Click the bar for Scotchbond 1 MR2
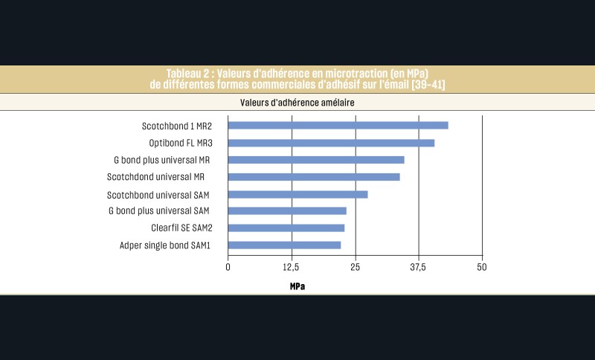coord(338,126)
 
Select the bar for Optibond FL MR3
coord(331,143)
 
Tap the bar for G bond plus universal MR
coord(316,160)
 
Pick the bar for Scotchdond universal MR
coord(314,177)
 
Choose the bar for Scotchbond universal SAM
coord(297,194)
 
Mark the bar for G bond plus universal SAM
coord(287,211)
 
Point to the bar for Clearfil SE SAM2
coord(286,228)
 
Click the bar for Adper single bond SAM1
coord(284,245)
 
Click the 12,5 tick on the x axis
coord(292,267)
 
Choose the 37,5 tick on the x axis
coord(419,267)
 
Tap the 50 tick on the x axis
coord(482,267)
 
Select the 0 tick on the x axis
coord(228,267)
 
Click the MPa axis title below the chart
coord(297,286)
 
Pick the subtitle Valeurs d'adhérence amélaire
coord(297,102)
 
